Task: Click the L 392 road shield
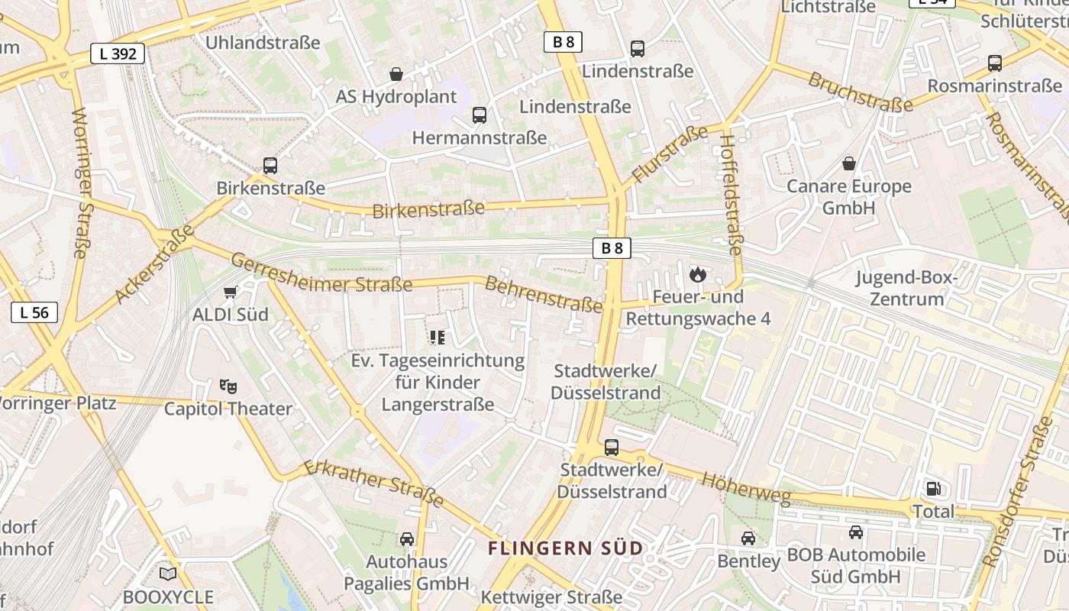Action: [x=118, y=53]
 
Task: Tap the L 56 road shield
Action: [x=34, y=312]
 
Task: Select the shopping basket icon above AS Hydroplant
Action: [x=396, y=74]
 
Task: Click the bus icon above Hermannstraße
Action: [x=480, y=115]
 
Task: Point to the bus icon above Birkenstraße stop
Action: [x=270, y=166]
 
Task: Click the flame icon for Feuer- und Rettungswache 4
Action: [x=697, y=274]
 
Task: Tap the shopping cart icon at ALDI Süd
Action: [x=230, y=292]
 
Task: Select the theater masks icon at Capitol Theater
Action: [x=228, y=386]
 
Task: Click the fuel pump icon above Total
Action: [x=933, y=489]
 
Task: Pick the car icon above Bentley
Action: [x=748, y=538]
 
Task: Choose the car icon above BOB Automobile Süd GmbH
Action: [x=856, y=532]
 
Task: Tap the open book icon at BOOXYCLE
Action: [x=168, y=574]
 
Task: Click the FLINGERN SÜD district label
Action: [x=565, y=548]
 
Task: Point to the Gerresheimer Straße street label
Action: [x=321, y=273]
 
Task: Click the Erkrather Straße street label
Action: [x=374, y=483]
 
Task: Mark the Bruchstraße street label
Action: [x=861, y=92]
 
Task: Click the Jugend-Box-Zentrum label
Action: [x=906, y=288]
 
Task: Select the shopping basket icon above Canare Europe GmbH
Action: [x=848, y=163]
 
